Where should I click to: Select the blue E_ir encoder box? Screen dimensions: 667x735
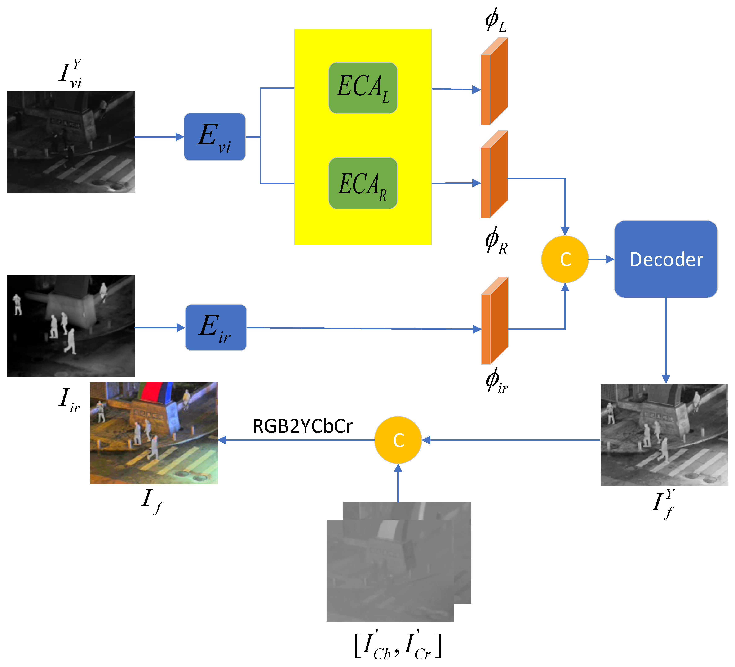tap(216, 328)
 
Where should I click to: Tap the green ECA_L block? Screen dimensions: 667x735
tap(363, 88)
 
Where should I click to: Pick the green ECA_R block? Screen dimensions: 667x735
tap(363, 183)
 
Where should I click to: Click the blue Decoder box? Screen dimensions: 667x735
tap(666, 259)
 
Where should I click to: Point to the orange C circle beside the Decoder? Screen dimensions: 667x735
tap(565, 259)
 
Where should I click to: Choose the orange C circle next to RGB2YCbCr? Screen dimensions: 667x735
tap(398, 440)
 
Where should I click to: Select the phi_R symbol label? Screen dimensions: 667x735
tap(496, 241)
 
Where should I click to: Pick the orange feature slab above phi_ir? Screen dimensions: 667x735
tap(495, 321)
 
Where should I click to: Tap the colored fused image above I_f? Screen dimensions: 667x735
tap(154, 433)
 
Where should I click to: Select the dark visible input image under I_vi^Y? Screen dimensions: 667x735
tap(71, 142)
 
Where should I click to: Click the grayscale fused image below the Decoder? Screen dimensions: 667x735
tap(664, 434)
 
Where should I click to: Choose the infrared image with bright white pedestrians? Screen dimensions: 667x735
tap(71, 326)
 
